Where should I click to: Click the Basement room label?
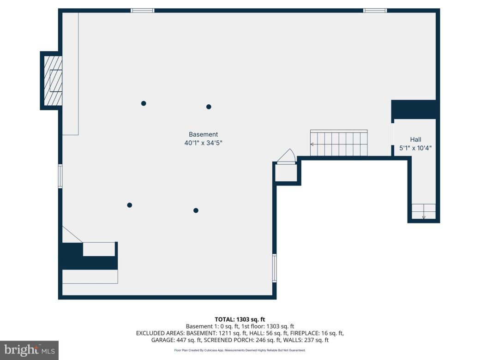(203, 134)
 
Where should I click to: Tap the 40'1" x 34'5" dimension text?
(203, 143)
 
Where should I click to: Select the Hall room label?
(415, 139)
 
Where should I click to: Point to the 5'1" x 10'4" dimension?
(415, 148)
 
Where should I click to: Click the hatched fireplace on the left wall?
(53, 81)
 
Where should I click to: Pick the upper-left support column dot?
(144, 103)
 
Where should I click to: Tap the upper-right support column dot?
(209, 107)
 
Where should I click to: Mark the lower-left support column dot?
(130, 205)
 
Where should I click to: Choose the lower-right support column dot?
(196, 210)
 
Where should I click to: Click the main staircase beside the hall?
(339, 144)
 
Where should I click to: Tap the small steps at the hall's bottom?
(424, 211)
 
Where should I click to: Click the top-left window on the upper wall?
(142, 10)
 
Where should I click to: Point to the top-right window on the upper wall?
(375, 10)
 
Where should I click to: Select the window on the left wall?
(60, 176)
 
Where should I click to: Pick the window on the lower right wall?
(274, 268)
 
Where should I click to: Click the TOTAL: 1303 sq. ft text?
(240, 319)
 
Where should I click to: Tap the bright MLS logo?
(29, 350)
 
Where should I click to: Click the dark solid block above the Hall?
(414, 109)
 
